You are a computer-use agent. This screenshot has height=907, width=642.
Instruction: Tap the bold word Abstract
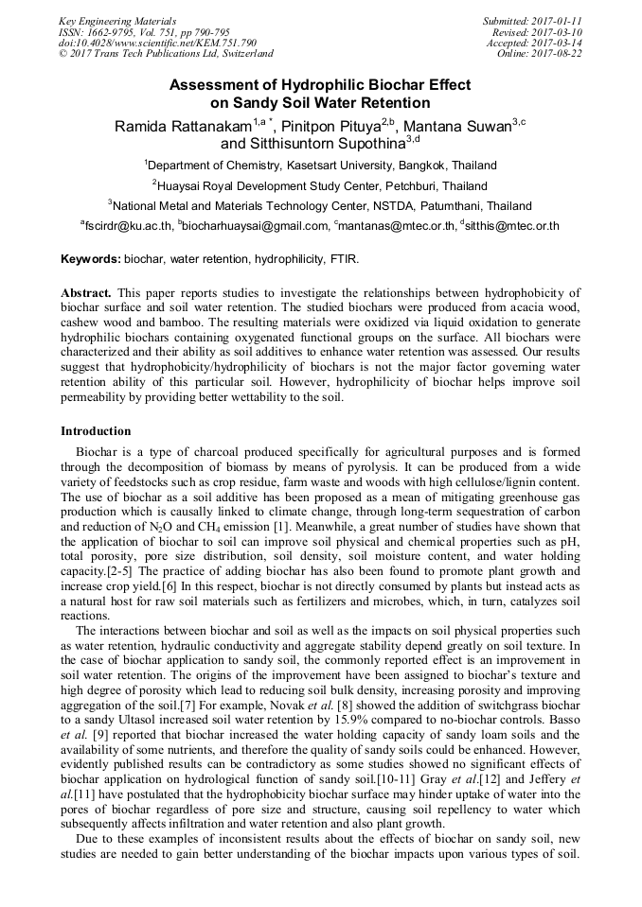86,292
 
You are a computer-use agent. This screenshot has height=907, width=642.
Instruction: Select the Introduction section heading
96,431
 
